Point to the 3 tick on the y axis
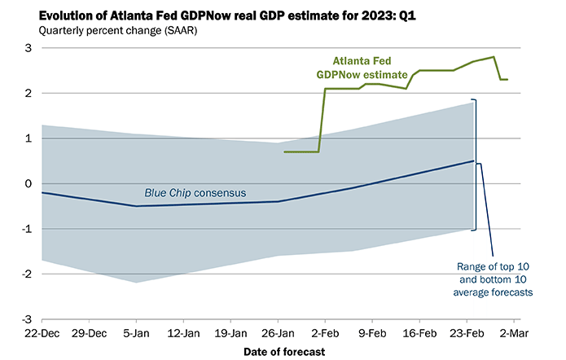point(27,48)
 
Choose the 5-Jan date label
point(136,334)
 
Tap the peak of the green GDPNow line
point(494,57)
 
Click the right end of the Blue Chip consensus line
point(474,160)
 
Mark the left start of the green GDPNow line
point(284,151)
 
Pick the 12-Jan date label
point(183,334)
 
